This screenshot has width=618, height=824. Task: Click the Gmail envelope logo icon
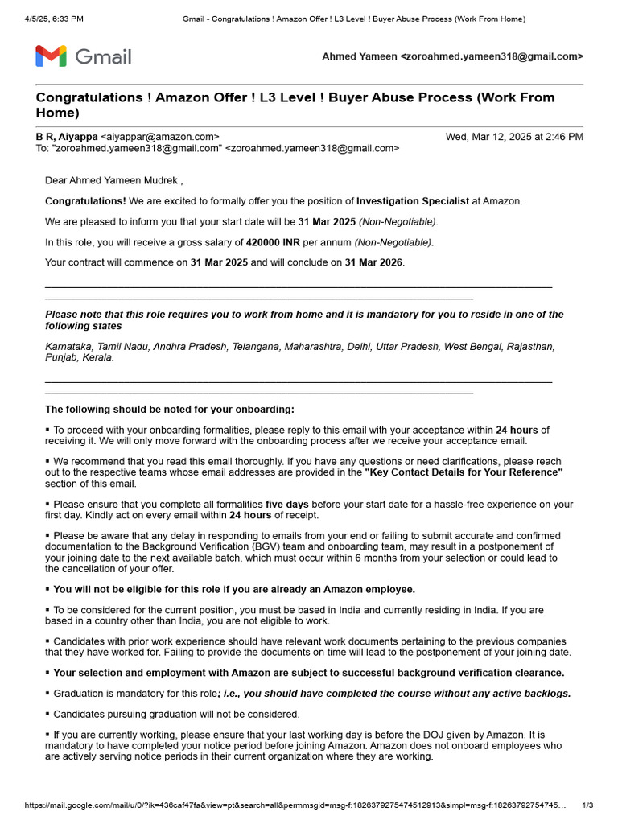50,56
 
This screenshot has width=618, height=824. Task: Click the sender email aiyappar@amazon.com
159,137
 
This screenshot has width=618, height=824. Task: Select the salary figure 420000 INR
278,242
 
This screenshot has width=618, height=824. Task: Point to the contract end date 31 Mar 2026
374,262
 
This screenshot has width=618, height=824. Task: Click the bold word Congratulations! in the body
85,200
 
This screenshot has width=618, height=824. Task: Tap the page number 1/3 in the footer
587,805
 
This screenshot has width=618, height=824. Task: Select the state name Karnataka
69,347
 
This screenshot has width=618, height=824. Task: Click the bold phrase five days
286,505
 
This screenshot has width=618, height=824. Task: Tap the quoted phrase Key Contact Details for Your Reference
463,472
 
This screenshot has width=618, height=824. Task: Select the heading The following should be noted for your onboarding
170,410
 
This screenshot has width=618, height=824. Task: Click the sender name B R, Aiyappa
67,137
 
